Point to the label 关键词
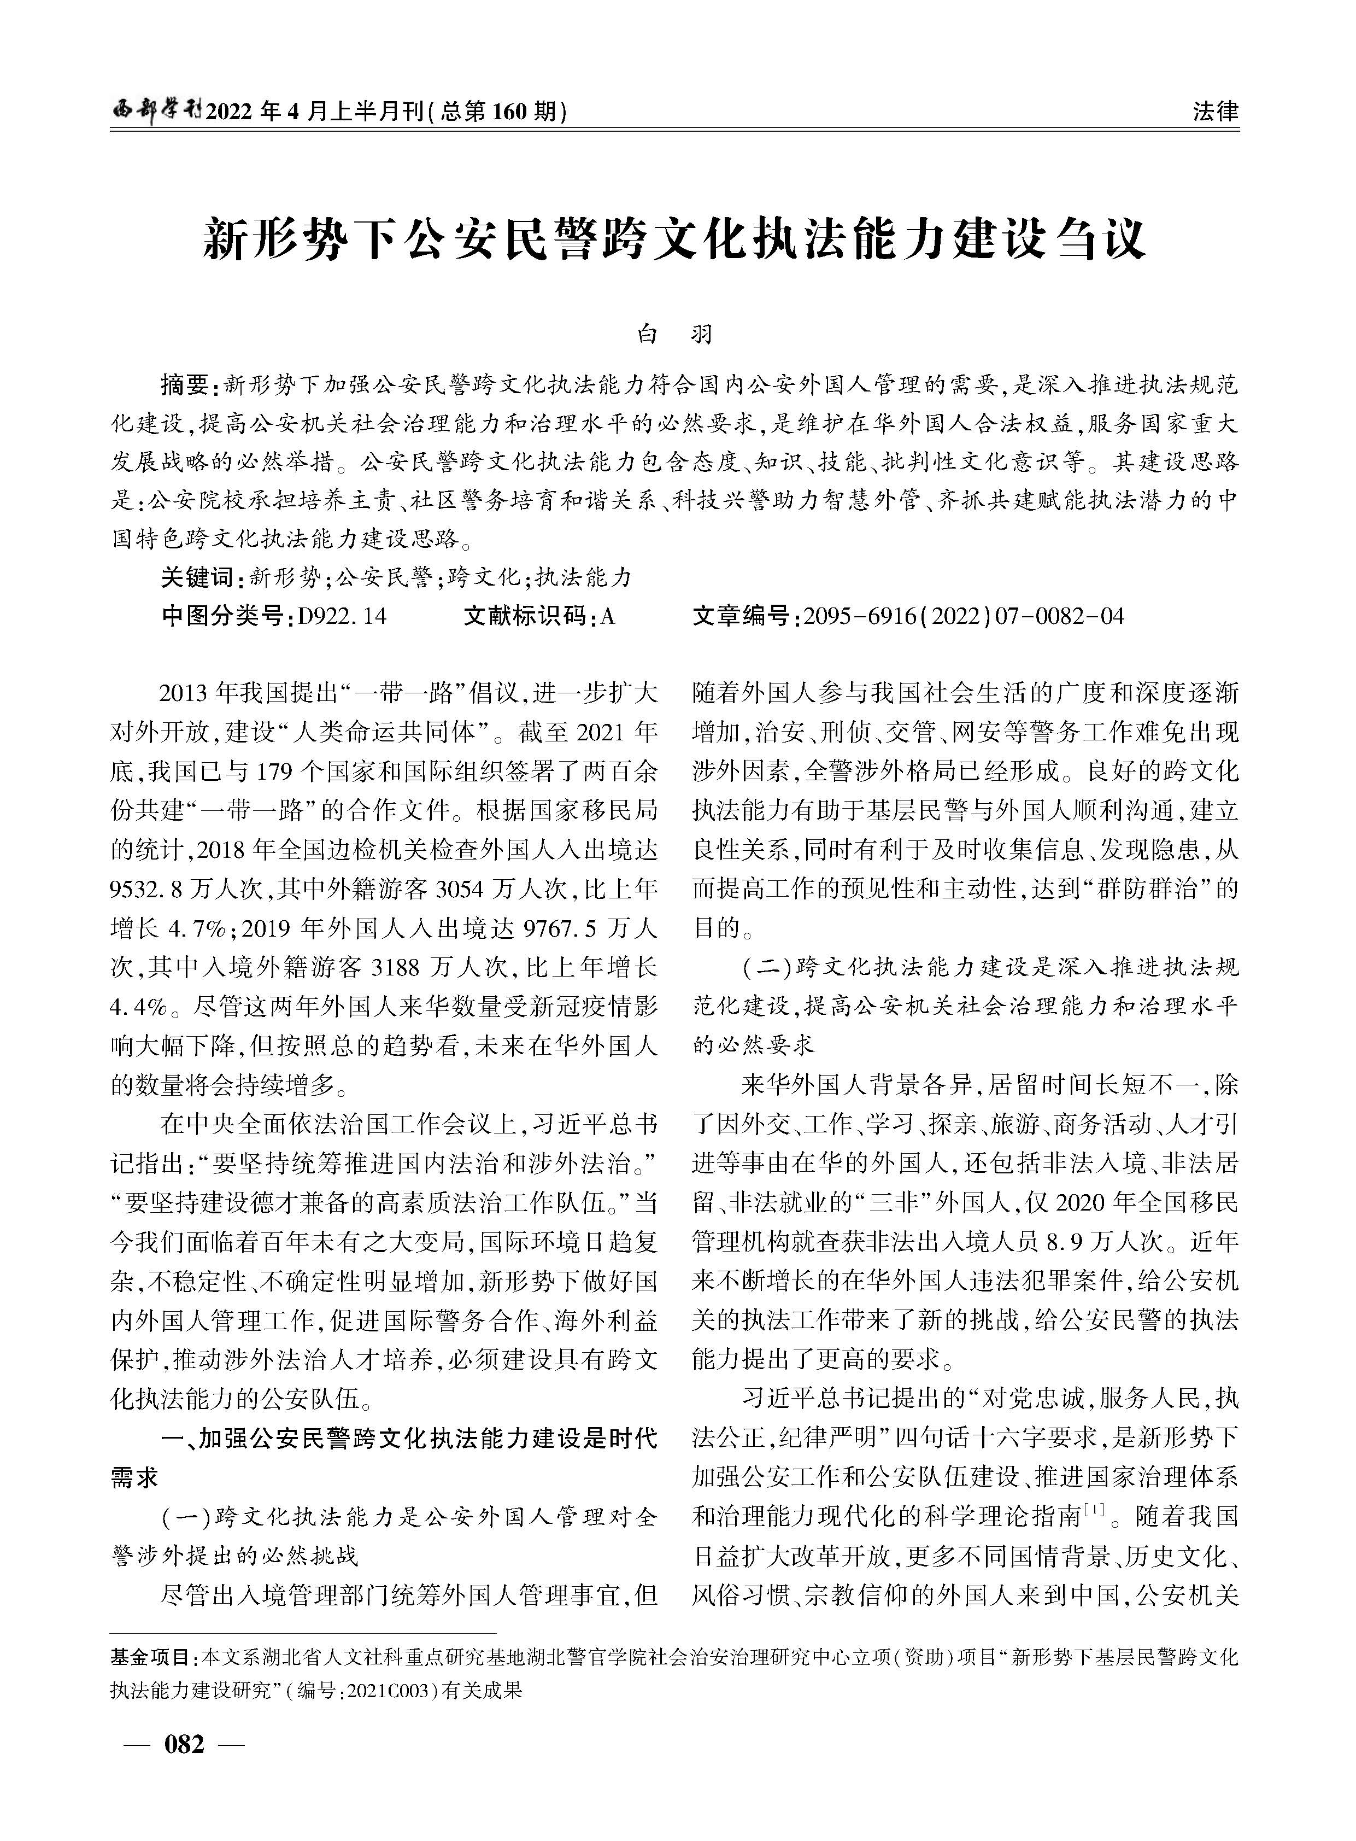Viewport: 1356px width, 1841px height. tap(197, 577)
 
